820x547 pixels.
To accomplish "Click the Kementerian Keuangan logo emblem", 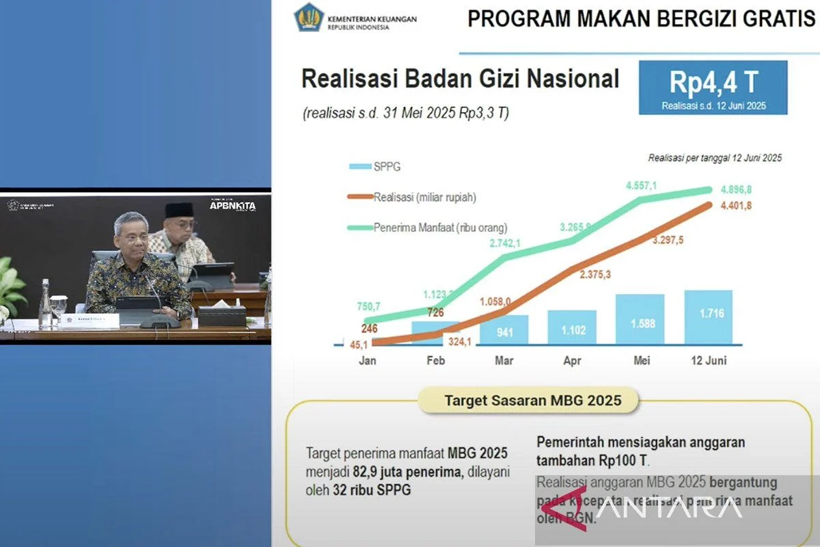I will [x=308, y=18].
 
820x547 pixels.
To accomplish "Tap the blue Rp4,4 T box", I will [x=713, y=88].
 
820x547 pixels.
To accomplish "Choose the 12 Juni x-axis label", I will [x=708, y=360].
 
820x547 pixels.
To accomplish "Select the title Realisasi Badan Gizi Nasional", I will [x=460, y=79].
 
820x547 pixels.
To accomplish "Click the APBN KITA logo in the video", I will [x=232, y=204].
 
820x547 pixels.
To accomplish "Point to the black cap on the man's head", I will [x=179, y=210].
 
